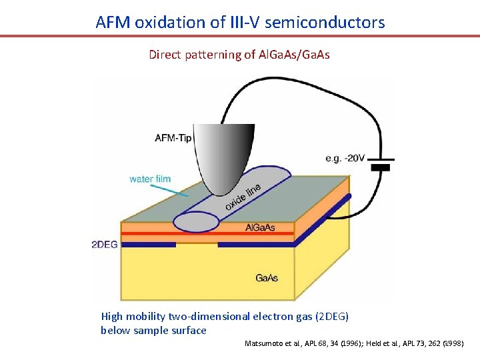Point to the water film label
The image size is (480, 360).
(x=150, y=179)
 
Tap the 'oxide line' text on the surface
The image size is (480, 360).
(x=243, y=197)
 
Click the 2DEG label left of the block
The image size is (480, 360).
(x=105, y=245)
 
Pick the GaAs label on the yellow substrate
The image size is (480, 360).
(x=267, y=277)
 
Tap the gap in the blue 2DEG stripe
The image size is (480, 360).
(x=197, y=245)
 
